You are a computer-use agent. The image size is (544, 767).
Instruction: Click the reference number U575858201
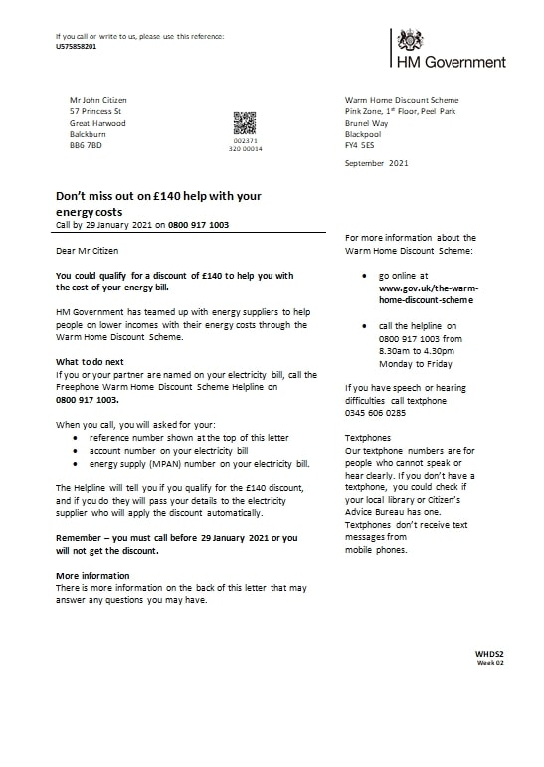pos(77,46)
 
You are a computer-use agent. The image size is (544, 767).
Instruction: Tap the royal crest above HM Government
pos(410,40)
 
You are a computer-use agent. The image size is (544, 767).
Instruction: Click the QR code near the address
pos(245,123)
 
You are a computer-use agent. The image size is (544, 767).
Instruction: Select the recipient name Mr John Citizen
pos(98,100)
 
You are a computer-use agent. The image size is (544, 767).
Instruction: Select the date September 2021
pos(376,162)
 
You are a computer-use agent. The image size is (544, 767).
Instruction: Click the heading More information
pos(92,576)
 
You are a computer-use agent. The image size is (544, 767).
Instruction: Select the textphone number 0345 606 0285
pos(375,412)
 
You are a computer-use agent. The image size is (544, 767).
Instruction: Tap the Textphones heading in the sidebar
pos(367,437)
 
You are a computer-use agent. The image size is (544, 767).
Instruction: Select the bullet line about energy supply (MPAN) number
pos(200,464)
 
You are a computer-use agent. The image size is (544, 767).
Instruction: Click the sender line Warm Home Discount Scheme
pos(402,100)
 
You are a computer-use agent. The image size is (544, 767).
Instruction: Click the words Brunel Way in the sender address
pos(366,123)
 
